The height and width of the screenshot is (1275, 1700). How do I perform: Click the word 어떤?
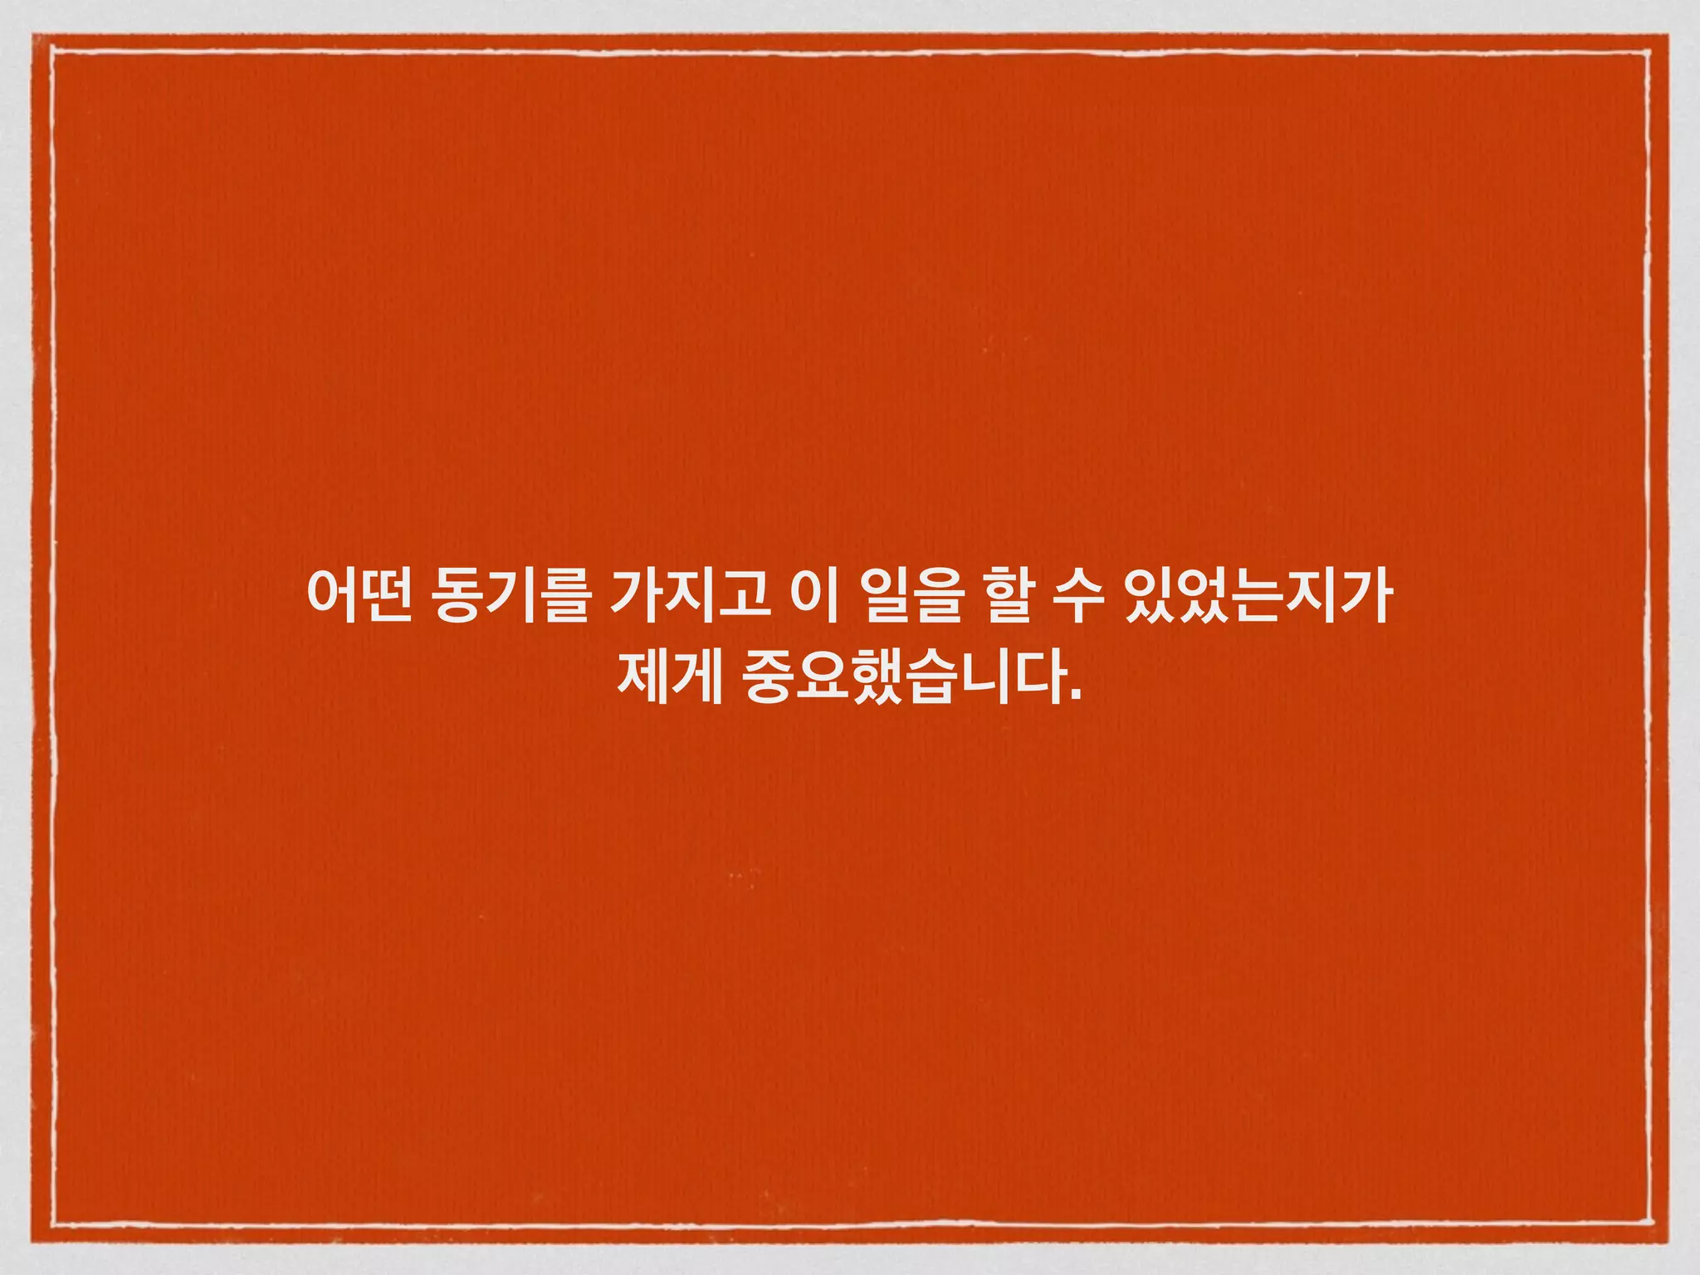pyautogui.click(x=360, y=595)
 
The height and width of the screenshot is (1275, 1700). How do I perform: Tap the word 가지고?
pyautogui.click(x=689, y=595)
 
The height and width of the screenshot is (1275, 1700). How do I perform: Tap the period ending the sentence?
pyautogui.click(x=1077, y=696)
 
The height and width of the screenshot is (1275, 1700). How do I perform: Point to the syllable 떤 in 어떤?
pyautogui.click(x=388, y=595)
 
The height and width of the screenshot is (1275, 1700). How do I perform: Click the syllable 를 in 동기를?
pyautogui.click(x=564, y=595)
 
